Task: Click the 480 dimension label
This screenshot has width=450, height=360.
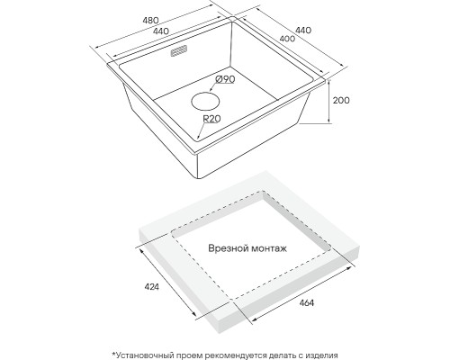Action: [150, 21]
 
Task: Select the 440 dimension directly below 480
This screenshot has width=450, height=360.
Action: [161, 31]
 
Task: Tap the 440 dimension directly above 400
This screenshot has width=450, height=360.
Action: [303, 31]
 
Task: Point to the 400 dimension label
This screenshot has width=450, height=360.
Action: [287, 39]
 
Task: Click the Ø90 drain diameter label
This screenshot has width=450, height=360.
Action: [225, 79]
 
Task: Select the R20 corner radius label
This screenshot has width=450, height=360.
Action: [211, 119]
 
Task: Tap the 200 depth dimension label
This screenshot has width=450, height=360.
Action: [341, 100]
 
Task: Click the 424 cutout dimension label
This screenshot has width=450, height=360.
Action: [151, 287]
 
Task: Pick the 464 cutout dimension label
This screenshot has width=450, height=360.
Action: [306, 303]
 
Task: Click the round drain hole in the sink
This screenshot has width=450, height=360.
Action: [205, 101]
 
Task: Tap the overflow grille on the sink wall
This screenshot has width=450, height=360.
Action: [179, 51]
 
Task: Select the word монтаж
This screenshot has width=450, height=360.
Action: [269, 248]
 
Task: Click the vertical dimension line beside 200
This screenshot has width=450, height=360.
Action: [329, 101]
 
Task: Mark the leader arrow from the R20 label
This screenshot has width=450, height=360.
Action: [202, 130]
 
